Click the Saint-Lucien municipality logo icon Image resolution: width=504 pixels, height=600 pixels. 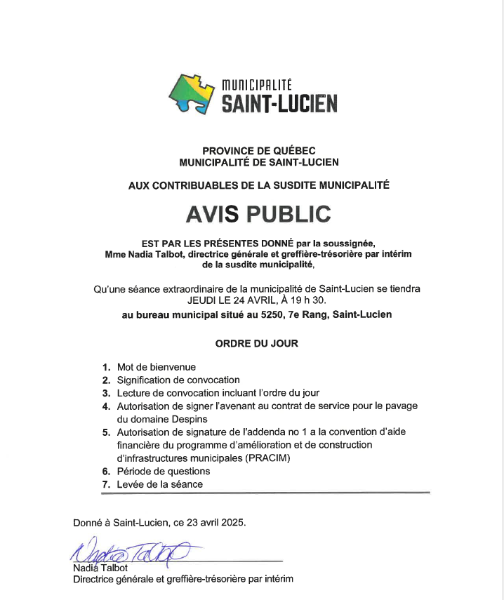(191, 94)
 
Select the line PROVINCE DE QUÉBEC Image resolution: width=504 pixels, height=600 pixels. (259, 150)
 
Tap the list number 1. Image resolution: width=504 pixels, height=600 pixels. (106, 367)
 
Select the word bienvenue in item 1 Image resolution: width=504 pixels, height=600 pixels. (171, 367)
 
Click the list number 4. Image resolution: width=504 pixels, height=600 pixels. (106, 406)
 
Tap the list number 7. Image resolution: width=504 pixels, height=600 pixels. (106, 485)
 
